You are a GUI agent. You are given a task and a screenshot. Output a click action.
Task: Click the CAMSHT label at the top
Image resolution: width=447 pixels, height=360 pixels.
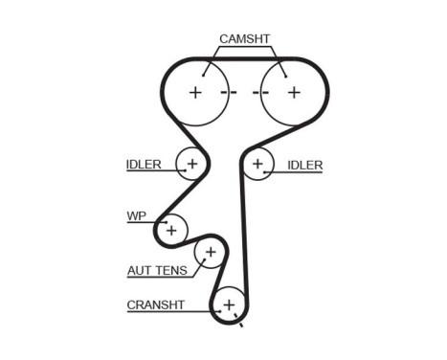point(245,39)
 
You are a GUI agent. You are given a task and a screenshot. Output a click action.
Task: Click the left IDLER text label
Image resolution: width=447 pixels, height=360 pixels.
point(144,165)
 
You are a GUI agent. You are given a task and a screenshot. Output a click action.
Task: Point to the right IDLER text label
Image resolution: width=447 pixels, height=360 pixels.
point(304,165)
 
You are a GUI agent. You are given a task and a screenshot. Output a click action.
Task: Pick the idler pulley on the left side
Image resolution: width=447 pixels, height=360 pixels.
point(192,165)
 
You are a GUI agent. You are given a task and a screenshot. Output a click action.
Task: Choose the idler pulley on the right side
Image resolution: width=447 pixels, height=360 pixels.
point(256,165)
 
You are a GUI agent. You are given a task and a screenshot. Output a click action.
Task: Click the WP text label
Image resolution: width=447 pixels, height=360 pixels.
point(136,216)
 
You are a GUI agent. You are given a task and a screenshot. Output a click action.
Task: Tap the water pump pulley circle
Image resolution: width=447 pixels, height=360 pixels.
point(171,230)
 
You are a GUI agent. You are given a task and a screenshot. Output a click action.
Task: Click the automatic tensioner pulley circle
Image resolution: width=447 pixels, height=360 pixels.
point(209,253)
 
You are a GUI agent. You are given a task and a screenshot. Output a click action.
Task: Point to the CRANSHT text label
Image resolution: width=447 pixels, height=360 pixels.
point(154,306)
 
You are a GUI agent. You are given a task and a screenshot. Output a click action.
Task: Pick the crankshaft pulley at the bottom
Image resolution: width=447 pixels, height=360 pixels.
point(229,305)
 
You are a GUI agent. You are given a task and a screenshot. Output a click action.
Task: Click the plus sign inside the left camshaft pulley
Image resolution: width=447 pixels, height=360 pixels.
point(195,93)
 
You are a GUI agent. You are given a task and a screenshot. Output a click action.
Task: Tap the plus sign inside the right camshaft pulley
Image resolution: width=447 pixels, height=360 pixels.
point(294,93)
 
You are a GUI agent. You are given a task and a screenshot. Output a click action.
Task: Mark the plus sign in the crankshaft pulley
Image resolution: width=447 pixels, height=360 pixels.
point(229,305)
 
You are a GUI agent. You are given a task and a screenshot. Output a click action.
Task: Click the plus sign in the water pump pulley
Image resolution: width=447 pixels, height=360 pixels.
point(171,230)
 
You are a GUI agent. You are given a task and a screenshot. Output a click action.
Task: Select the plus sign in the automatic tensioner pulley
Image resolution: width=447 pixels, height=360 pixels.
point(209,253)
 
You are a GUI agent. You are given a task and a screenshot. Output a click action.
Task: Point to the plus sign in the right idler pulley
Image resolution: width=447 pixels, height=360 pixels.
point(256,165)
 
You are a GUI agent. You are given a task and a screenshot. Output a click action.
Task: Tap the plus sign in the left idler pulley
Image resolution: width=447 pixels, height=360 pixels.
point(192,165)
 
